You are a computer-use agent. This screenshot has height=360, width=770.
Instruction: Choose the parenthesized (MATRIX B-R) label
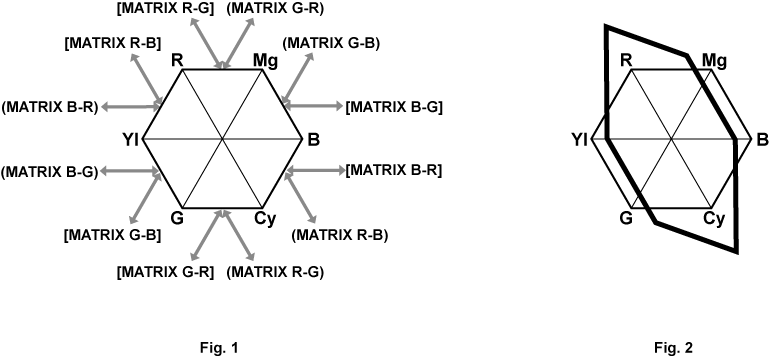50,106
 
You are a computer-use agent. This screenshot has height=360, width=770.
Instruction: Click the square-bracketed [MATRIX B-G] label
393,106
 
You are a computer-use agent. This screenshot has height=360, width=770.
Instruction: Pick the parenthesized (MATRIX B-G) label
50,172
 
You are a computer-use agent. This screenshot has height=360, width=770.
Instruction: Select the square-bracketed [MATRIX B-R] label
393,172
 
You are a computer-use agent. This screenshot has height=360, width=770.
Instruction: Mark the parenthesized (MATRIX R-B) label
339,236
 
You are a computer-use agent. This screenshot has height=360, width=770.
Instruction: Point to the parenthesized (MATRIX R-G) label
276,271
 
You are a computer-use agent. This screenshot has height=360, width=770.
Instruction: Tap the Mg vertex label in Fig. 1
265,60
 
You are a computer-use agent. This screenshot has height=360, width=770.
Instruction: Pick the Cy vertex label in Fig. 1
265,218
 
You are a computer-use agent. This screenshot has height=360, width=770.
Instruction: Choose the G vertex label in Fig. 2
626,218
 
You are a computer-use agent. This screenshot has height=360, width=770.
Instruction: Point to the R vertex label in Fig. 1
177,60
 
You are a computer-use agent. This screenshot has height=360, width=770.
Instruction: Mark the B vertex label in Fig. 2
761,139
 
